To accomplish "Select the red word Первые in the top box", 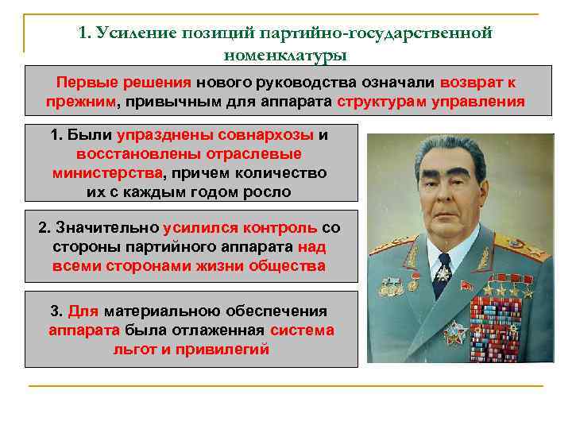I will point(83,82).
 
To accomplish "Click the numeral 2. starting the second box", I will point(44,228).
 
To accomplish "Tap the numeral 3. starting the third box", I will point(56,311).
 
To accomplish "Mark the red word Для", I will point(83,311).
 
